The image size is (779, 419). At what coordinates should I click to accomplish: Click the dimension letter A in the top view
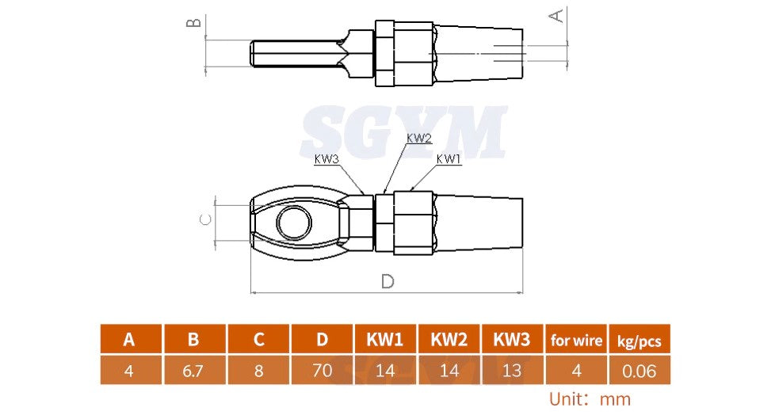pos(557,15)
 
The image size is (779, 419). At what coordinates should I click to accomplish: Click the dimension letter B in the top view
pos(193,22)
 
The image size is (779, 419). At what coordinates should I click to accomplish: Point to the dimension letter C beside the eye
pos(204,220)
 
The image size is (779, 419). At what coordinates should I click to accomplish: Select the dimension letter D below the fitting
pos(387,281)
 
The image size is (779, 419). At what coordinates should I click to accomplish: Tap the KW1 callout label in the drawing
pos(449,159)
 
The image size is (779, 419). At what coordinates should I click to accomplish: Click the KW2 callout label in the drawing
pos(419,138)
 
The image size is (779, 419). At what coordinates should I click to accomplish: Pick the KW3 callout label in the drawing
pos(326,159)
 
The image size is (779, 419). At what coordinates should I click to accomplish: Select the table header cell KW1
pos(385,340)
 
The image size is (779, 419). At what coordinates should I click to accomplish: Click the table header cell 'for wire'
pos(576,340)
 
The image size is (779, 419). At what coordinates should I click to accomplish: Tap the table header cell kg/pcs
pos(639,340)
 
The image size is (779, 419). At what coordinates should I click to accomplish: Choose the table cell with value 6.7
pos(193,370)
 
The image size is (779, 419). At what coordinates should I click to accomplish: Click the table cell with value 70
pos(322,370)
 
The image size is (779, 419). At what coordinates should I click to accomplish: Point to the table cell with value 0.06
pos(639,370)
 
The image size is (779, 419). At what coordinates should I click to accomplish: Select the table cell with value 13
pos(512,370)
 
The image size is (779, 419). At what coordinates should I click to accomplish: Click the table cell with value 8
pos(258,370)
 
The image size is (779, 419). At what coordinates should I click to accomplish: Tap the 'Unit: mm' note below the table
pos(590,399)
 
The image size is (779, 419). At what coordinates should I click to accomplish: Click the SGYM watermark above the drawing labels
pos(403,132)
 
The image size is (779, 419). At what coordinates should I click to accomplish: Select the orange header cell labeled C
pos(258,340)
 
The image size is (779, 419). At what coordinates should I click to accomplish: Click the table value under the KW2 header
pos(449,370)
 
